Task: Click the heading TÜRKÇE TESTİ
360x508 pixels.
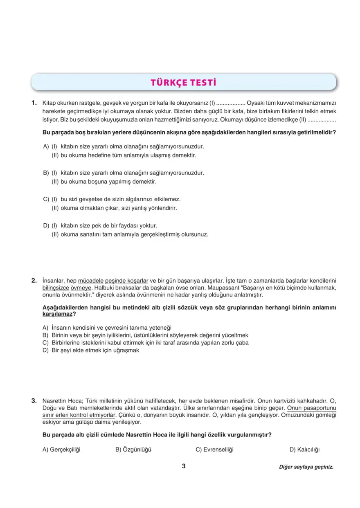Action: click(183, 83)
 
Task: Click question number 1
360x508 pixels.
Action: click(34, 103)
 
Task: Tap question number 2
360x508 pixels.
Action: click(34, 281)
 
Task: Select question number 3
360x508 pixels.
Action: click(34, 400)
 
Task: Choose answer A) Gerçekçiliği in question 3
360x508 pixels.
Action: click(61, 450)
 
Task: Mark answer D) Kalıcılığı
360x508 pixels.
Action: click(304, 450)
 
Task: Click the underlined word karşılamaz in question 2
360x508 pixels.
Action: click(57, 314)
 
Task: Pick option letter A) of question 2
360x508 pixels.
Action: click(45, 328)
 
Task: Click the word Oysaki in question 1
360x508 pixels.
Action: click(255, 103)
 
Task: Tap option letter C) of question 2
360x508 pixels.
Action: click(45, 343)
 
